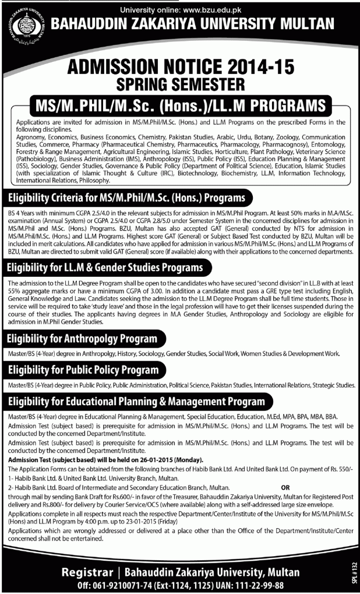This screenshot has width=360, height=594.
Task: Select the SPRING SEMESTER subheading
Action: click(x=180, y=85)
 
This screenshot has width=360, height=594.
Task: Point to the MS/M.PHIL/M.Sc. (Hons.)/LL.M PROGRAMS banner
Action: click(x=179, y=107)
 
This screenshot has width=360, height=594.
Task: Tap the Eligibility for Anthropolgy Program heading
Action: click(x=82, y=338)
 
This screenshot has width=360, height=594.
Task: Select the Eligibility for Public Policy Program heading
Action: click(x=82, y=370)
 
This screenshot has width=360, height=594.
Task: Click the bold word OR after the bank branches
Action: click(x=285, y=486)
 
